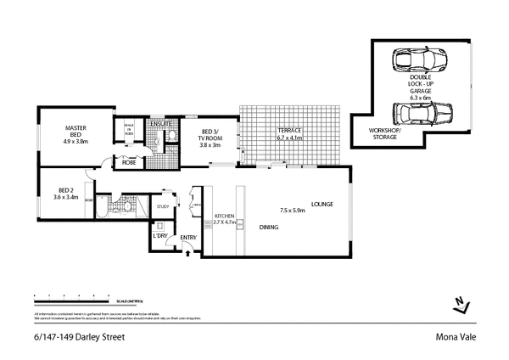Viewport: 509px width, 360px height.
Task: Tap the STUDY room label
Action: click(x=164, y=205)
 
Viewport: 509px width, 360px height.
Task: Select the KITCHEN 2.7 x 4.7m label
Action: click(x=225, y=219)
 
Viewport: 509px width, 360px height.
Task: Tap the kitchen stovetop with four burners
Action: click(x=206, y=223)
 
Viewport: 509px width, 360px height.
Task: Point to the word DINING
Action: click(x=270, y=228)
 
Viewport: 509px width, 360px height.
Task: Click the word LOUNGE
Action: click(x=322, y=204)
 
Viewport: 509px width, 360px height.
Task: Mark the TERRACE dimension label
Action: click(x=290, y=135)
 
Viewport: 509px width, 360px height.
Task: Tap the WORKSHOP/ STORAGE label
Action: click(x=385, y=133)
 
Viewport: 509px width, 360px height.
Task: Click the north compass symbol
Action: click(x=461, y=303)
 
